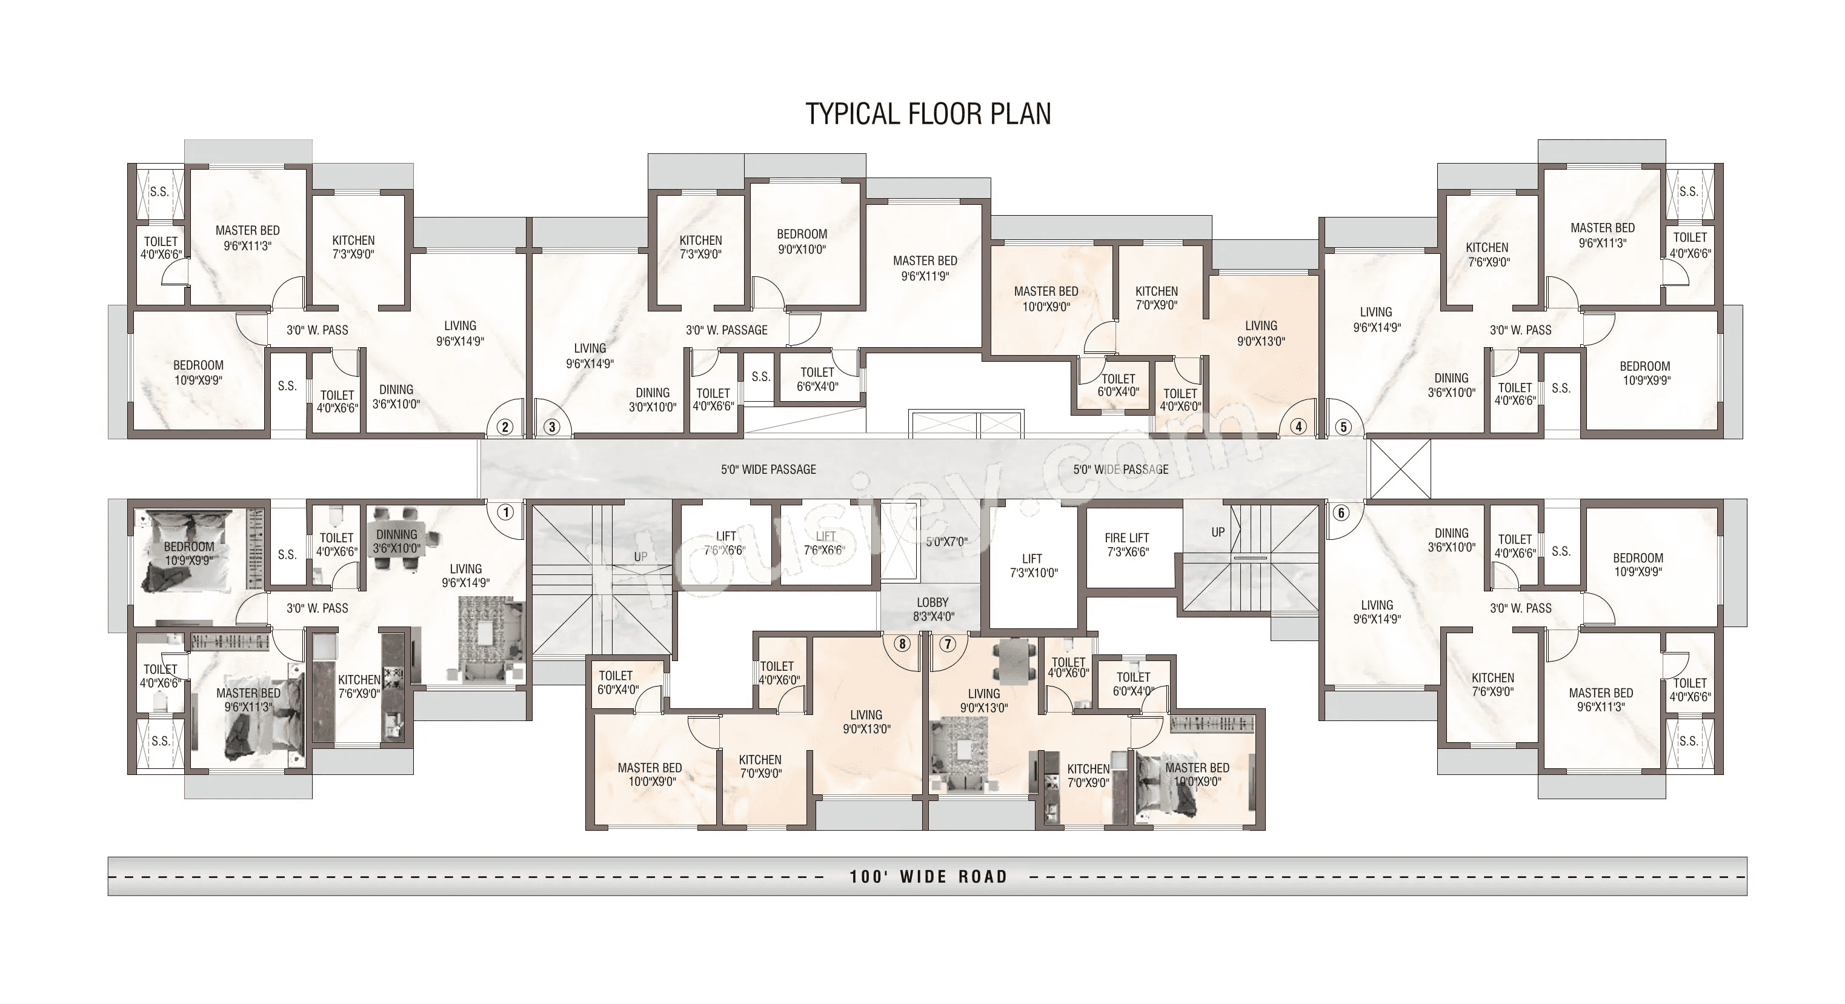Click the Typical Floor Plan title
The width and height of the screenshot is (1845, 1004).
pyautogui.click(x=928, y=114)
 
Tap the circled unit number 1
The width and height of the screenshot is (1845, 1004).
pyautogui.click(x=506, y=513)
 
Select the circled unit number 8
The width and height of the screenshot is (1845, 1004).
pyautogui.click(x=902, y=644)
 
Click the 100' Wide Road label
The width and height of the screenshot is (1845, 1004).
pyautogui.click(x=928, y=877)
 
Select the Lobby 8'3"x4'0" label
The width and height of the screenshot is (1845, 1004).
pyautogui.click(x=932, y=610)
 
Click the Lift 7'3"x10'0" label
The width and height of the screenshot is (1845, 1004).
pyautogui.click(x=1032, y=566)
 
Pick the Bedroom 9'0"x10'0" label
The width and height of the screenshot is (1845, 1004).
pyautogui.click(x=802, y=242)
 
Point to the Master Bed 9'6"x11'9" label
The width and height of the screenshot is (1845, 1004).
pyautogui.click(x=925, y=268)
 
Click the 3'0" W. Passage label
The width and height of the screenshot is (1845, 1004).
pyautogui.click(x=726, y=330)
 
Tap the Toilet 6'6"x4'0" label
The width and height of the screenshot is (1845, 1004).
pyautogui.click(x=817, y=379)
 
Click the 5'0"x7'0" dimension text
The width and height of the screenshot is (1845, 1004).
pyautogui.click(x=946, y=542)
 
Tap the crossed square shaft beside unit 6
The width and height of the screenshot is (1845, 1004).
pyautogui.click(x=1399, y=469)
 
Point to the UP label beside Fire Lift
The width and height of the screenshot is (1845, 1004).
pyautogui.click(x=1218, y=533)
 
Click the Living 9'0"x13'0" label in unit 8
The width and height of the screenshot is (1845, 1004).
pyautogui.click(x=866, y=722)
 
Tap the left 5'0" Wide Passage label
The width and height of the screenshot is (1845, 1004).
pyautogui.click(x=768, y=470)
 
